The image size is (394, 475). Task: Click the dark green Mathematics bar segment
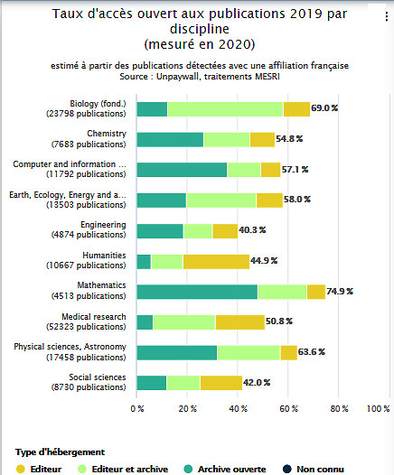click(x=197, y=292)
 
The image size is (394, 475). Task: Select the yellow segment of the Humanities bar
click(x=216, y=262)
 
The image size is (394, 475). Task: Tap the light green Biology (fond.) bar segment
click(x=225, y=109)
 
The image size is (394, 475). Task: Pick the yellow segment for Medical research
click(x=240, y=322)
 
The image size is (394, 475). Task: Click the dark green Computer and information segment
click(x=182, y=170)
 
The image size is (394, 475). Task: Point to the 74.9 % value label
click(x=340, y=292)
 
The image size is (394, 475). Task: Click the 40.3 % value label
click(x=252, y=230)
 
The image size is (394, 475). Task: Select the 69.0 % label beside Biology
click(x=324, y=108)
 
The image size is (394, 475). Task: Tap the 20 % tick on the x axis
click(x=188, y=409)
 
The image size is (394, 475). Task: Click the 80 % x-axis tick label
click(x=339, y=409)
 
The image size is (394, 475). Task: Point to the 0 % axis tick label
click(x=137, y=409)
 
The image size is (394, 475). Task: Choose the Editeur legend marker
click(x=21, y=469)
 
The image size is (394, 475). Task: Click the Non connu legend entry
click(x=314, y=469)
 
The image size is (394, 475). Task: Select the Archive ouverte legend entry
click(x=225, y=469)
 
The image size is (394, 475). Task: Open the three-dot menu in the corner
click(x=387, y=16)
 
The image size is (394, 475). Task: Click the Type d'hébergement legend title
click(x=60, y=452)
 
